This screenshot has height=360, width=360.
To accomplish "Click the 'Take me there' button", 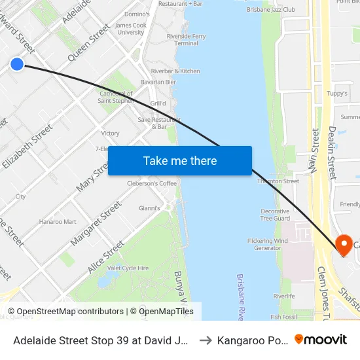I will pos(180,160).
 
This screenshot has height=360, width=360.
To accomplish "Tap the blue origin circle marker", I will pos(17,63).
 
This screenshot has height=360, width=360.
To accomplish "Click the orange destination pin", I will pos(342,245).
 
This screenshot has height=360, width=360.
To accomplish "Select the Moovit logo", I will pos(321,340).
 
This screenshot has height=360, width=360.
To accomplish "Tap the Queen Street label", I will pos(90,43).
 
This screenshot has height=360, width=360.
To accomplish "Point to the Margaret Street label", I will pos(96,223).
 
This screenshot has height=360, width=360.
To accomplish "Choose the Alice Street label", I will pos(105,257).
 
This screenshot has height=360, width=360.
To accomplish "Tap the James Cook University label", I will pos(130,29).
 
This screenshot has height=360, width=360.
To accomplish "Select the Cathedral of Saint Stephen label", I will pos(116,97).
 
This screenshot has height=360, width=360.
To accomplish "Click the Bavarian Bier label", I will pos(158,82).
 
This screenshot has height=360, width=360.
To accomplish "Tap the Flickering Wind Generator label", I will pos(267,244).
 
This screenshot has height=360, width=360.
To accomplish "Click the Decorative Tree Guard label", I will pos(275,215).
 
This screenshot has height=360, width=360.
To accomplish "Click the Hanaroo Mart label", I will pos(58,222).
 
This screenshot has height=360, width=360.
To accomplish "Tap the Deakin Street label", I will pos(333,153).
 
